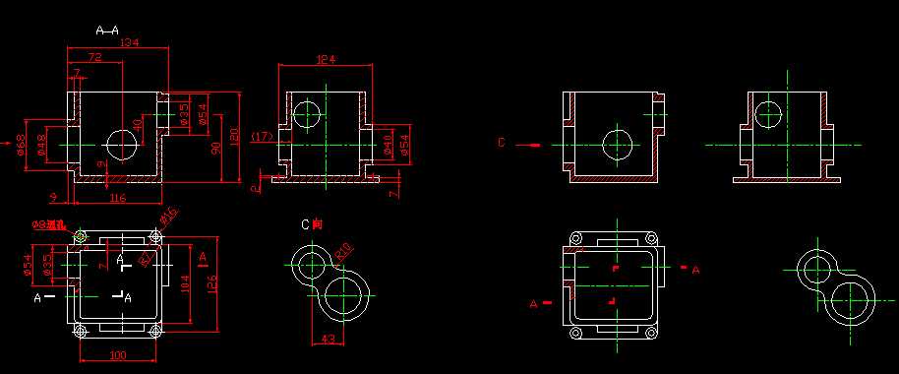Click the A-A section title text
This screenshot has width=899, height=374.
(x=107, y=31)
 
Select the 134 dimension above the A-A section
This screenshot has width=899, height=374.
(x=127, y=43)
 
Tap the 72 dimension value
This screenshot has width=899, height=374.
(x=95, y=58)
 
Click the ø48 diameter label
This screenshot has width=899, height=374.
(x=40, y=144)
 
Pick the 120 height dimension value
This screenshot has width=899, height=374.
(x=235, y=134)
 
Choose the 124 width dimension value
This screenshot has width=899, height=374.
(x=325, y=60)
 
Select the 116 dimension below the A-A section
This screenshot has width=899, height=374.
(x=117, y=199)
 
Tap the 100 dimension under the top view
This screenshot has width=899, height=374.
(x=117, y=354)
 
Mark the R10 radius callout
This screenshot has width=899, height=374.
(x=344, y=253)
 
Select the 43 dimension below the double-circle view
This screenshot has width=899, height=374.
(x=330, y=340)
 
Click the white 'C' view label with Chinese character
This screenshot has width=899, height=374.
(x=311, y=224)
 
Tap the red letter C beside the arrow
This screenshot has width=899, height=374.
(x=501, y=144)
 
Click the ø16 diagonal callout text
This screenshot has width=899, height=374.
(x=168, y=215)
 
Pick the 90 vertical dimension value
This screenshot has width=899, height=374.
(x=215, y=148)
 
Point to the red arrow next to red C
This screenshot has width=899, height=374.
(x=530, y=146)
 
